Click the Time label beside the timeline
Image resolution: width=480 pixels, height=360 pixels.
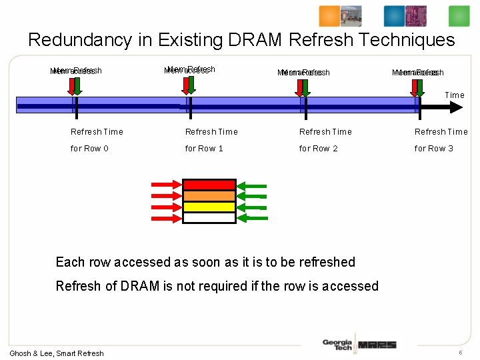[x=455, y=95]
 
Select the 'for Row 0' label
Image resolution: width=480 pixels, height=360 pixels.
[x=89, y=149]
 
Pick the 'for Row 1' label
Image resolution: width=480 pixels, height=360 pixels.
[x=204, y=149]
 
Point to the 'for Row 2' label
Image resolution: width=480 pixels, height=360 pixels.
[x=319, y=149]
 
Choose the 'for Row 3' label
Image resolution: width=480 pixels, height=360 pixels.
[x=433, y=149]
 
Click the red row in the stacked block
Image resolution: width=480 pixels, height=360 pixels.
[x=209, y=185]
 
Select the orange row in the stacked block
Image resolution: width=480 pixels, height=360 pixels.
[x=209, y=196]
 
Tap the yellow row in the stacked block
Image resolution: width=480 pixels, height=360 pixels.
[x=209, y=207]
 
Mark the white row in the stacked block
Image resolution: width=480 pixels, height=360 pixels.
[x=209, y=217]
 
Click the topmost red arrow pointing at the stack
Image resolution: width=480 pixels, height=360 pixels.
[x=166, y=185]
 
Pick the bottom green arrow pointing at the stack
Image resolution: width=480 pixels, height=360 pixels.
[x=253, y=217]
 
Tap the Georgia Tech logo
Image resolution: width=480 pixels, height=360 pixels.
[x=337, y=344]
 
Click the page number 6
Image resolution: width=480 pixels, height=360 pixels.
[x=460, y=352]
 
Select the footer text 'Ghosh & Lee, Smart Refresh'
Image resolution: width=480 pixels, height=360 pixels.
[x=57, y=353]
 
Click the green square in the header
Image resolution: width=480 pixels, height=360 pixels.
[x=459, y=16]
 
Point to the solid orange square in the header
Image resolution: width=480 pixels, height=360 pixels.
[x=329, y=16]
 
